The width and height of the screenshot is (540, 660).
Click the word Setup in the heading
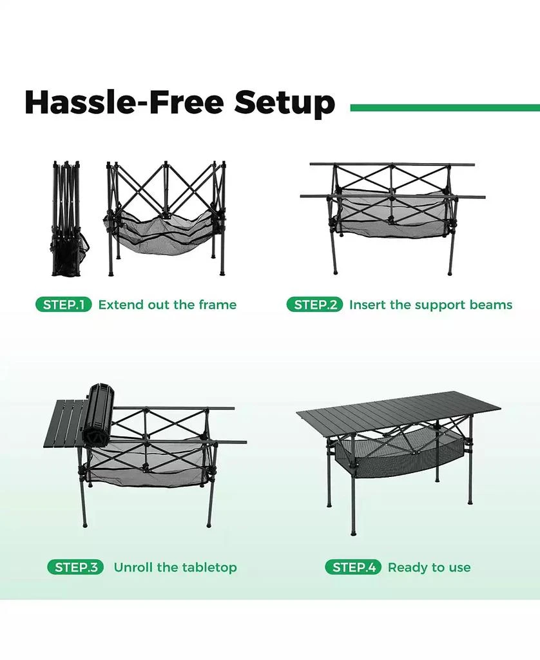pyautogui.click(x=284, y=103)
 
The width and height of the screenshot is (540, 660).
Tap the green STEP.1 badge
pyautogui.click(x=64, y=305)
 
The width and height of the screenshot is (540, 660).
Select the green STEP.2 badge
pyautogui.click(x=314, y=305)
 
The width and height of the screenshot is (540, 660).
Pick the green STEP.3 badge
pyautogui.click(x=75, y=568)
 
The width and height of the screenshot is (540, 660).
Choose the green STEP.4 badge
pyautogui.click(x=353, y=568)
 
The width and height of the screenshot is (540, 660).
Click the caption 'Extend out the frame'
pyautogui.click(x=167, y=305)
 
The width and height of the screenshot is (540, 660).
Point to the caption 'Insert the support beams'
pyautogui.click(x=430, y=305)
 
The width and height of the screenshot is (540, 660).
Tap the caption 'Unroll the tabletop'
pyautogui.click(x=175, y=568)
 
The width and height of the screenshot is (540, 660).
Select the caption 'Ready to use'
pyautogui.click(x=429, y=568)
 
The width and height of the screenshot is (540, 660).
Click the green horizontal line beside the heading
pyautogui.click(x=445, y=108)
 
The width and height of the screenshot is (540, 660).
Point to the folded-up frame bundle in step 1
pyautogui.click(x=67, y=219)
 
